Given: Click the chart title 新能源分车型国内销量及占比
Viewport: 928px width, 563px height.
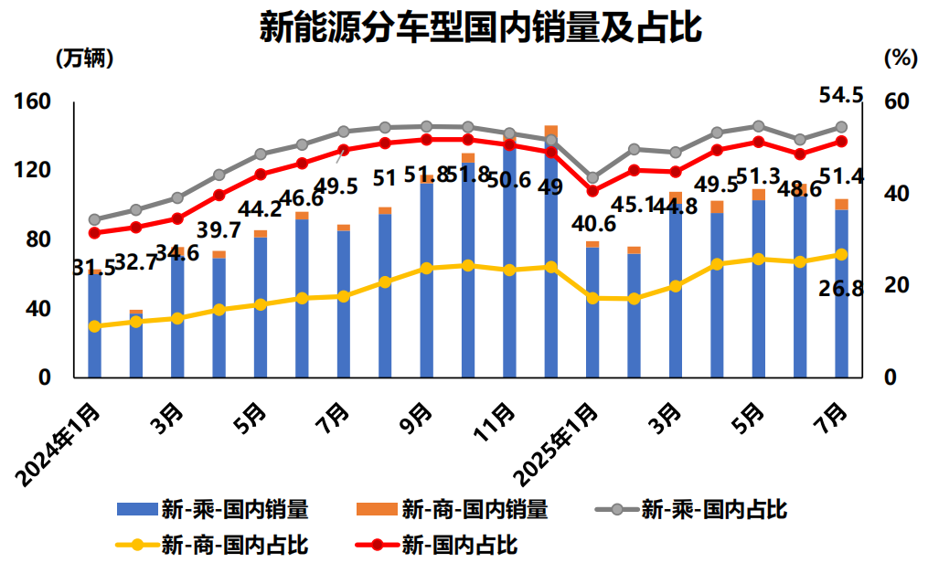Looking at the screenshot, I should click(480, 27).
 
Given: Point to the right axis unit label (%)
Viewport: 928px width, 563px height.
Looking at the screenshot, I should click(900, 58).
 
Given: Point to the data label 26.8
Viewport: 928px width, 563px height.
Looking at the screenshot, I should click(842, 290).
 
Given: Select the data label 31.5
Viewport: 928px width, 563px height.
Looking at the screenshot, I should click(93, 268).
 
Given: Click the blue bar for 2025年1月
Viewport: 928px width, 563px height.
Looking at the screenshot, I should click(592, 312).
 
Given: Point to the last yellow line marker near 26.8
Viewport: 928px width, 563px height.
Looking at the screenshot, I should click(841, 254).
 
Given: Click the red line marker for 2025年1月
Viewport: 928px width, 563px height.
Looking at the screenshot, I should click(592, 191).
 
